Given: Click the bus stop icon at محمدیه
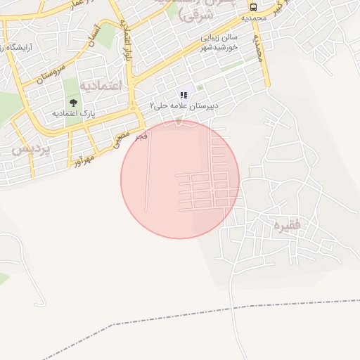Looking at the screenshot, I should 252,8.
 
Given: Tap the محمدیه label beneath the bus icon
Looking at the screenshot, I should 252,18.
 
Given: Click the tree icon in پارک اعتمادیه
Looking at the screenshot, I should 74,103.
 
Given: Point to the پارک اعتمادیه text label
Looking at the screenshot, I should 74,112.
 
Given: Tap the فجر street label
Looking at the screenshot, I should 142,136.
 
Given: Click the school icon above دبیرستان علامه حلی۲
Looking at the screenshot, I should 184,95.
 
